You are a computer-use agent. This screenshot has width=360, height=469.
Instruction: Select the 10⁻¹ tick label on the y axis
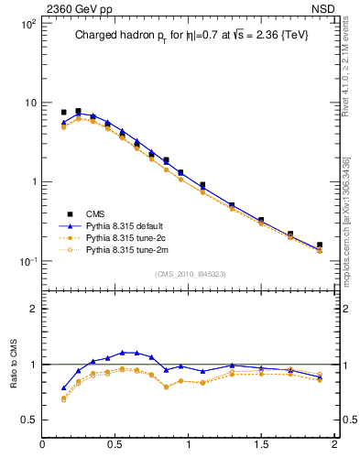pyautogui.click(x=26, y=261)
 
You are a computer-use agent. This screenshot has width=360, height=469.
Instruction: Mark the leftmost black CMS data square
pyautogui.click(x=63, y=113)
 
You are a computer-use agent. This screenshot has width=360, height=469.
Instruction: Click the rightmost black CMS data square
pyautogui.click(x=320, y=245)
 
